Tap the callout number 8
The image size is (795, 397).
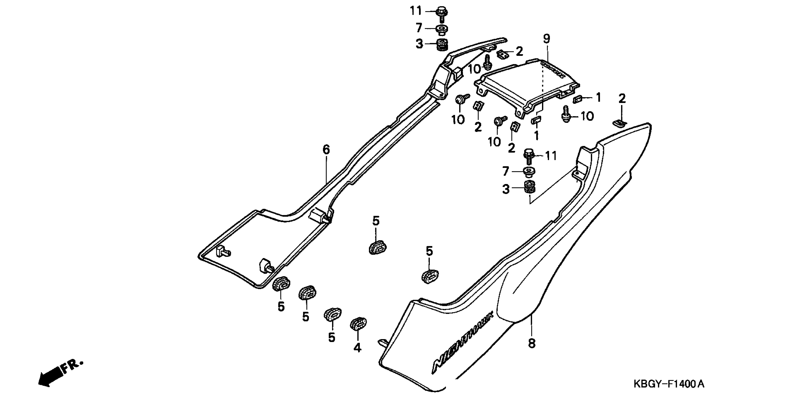coord(531,343)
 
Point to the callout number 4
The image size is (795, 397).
coord(357,348)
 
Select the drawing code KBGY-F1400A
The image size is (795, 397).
coord(669,384)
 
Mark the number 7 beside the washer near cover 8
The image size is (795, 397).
coord(505,171)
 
